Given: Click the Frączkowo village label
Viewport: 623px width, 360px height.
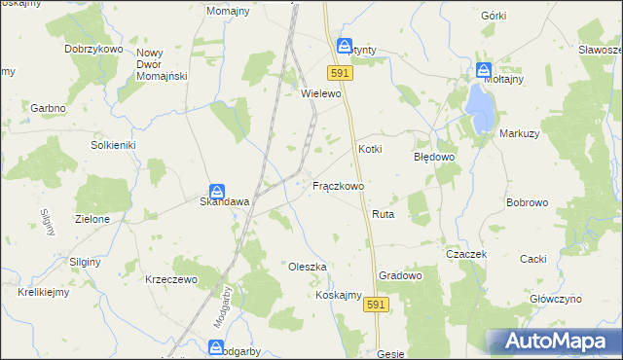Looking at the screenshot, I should pos(338,185).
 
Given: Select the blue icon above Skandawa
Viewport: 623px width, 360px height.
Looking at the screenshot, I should pos(218,192).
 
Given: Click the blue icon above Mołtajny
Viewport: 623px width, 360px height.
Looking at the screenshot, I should pos(484,71).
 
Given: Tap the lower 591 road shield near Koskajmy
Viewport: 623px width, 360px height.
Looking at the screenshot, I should pos(377,306).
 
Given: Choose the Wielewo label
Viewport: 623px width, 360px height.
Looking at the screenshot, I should pos(321,94).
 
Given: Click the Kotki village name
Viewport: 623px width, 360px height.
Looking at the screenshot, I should pos(370,149).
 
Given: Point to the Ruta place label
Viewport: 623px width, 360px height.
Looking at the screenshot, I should pos(382,213).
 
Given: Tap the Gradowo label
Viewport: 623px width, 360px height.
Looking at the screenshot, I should pos(400,275).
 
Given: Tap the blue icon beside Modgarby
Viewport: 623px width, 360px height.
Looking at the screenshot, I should pos(215,346).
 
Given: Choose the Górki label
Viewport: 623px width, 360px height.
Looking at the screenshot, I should pos(494,17).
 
